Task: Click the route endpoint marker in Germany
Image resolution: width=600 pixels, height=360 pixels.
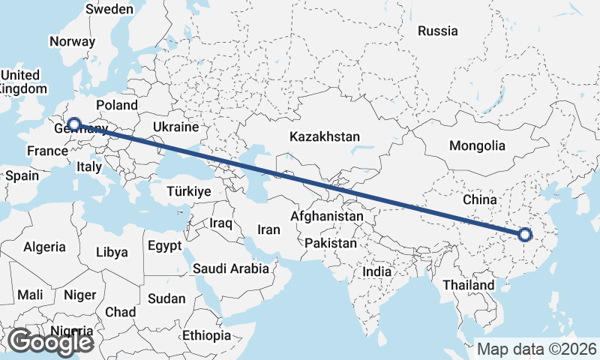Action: [x=74, y=124]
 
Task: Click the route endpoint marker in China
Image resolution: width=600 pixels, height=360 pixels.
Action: [x=524, y=235]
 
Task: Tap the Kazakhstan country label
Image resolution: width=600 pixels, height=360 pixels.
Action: [x=325, y=137]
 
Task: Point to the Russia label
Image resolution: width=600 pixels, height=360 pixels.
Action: [x=438, y=31]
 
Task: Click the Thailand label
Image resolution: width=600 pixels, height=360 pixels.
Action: [x=469, y=285]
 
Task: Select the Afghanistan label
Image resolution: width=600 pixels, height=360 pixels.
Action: [x=327, y=216]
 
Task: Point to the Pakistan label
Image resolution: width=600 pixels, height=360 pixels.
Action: [x=331, y=244]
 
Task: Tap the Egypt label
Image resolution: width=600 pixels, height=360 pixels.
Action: [x=164, y=246]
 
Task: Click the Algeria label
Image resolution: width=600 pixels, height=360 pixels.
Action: [x=45, y=247]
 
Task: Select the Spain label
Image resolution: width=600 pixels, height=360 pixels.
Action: [x=22, y=175]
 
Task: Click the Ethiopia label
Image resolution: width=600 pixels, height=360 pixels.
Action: [x=208, y=335]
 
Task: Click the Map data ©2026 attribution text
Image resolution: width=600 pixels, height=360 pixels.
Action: [x=537, y=349]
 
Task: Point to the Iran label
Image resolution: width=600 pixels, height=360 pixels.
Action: [x=268, y=230]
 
